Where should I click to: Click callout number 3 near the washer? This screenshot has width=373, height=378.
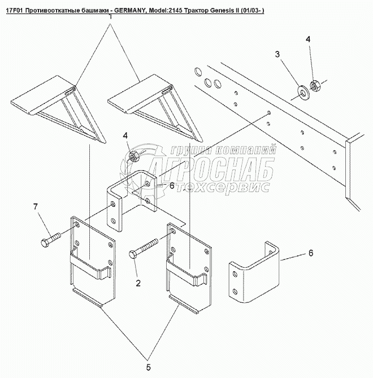click(277, 54)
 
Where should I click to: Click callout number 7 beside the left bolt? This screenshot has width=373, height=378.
click(36, 207)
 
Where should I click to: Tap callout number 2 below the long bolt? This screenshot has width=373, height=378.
click(138, 283)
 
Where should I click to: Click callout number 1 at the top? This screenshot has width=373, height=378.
click(110, 17)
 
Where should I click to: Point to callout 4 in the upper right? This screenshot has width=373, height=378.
click(309, 40)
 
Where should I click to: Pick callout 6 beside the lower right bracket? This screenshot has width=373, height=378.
click(311, 253)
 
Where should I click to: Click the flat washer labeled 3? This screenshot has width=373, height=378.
click(302, 92)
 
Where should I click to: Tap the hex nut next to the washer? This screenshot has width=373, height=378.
click(314, 85)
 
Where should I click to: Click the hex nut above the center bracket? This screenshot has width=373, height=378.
click(133, 156)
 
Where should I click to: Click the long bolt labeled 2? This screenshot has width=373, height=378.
click(144, 248)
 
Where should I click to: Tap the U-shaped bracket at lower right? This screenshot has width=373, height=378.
click(254, 272)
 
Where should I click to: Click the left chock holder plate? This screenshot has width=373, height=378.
click(93, 262)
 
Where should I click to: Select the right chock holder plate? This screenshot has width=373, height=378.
click(189, 268)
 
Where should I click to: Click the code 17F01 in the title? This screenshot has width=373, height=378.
click(14, 11)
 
